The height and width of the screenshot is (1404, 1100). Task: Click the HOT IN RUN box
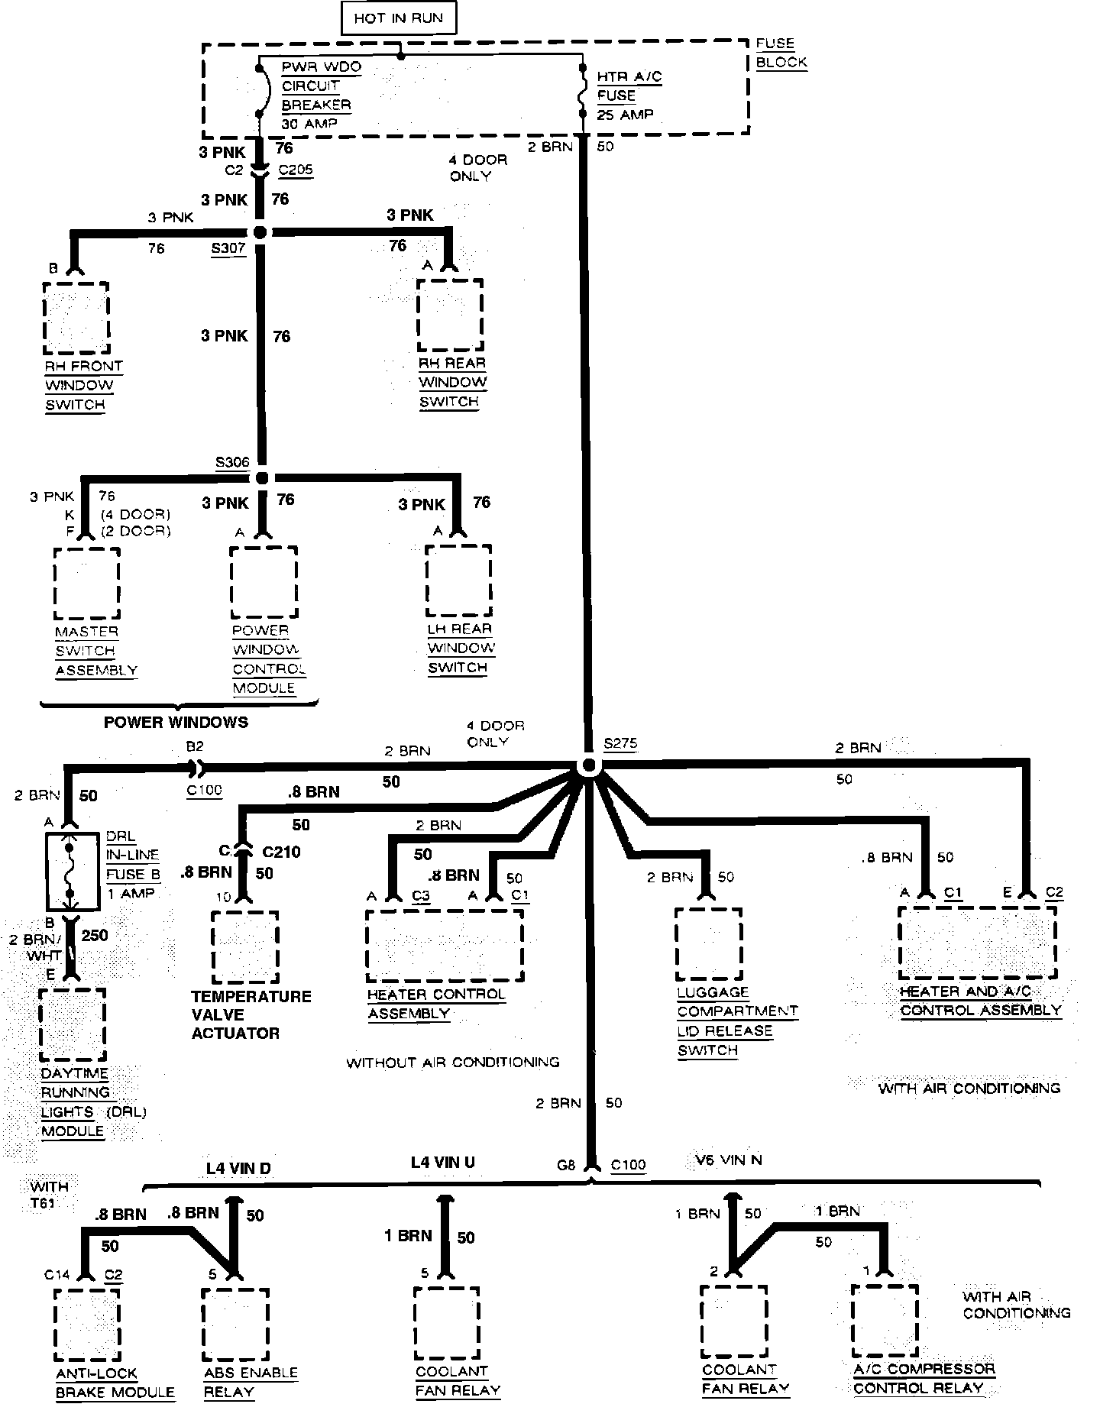(398, 18)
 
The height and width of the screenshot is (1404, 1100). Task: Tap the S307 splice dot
(260, 232)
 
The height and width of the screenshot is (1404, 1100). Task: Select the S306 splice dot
(262, 477)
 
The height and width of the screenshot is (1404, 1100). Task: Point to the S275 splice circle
(588, 765)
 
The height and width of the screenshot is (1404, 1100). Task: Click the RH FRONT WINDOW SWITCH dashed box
(76, 317)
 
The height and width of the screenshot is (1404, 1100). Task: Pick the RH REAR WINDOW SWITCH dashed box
(450, 315)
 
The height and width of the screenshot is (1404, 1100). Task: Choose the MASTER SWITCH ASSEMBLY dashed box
(87, 584)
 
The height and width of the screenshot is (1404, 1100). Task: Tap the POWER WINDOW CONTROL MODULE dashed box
(264, 582)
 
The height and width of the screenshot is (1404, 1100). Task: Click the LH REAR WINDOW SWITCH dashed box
(458, 581)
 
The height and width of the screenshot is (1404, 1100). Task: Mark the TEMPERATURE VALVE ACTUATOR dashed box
(244, 947)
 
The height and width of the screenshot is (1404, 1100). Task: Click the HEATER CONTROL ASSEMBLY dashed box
(445, 945)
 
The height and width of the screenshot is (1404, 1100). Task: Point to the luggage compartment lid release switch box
(709, 943)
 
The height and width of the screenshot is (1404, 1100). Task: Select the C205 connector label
(295, 170)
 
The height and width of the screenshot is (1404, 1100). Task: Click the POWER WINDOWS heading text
(176, 722)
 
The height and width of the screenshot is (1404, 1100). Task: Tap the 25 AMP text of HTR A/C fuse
(626, 115)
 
